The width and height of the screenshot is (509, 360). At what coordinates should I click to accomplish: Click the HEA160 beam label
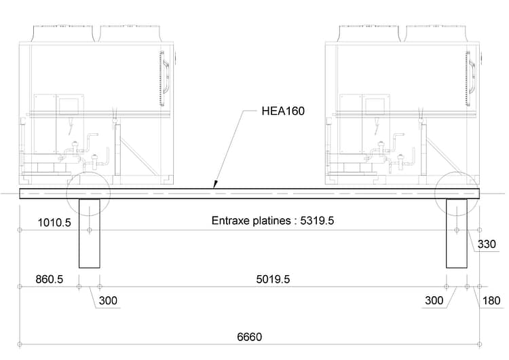click(x=283, y=111)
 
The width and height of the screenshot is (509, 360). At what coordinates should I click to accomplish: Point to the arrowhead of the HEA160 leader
click(x=214, y=185)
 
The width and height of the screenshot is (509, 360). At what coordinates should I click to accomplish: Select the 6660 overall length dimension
click(x=249, y=337)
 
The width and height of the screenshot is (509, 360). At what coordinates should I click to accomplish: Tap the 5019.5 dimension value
click(x=273, y=279)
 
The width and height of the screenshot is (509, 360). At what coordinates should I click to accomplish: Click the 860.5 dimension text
click(x=50, y=279)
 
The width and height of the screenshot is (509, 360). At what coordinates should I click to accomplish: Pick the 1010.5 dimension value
click(x=54, y=223)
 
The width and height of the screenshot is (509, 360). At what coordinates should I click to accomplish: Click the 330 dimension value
click(x=487, y=244)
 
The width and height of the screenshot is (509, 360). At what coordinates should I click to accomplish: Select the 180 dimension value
click(x=491, y=300)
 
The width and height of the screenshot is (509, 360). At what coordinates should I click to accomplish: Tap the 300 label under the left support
click(x=108, y=300)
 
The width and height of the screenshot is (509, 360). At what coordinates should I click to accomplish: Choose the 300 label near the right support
click(x=434, y=300)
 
